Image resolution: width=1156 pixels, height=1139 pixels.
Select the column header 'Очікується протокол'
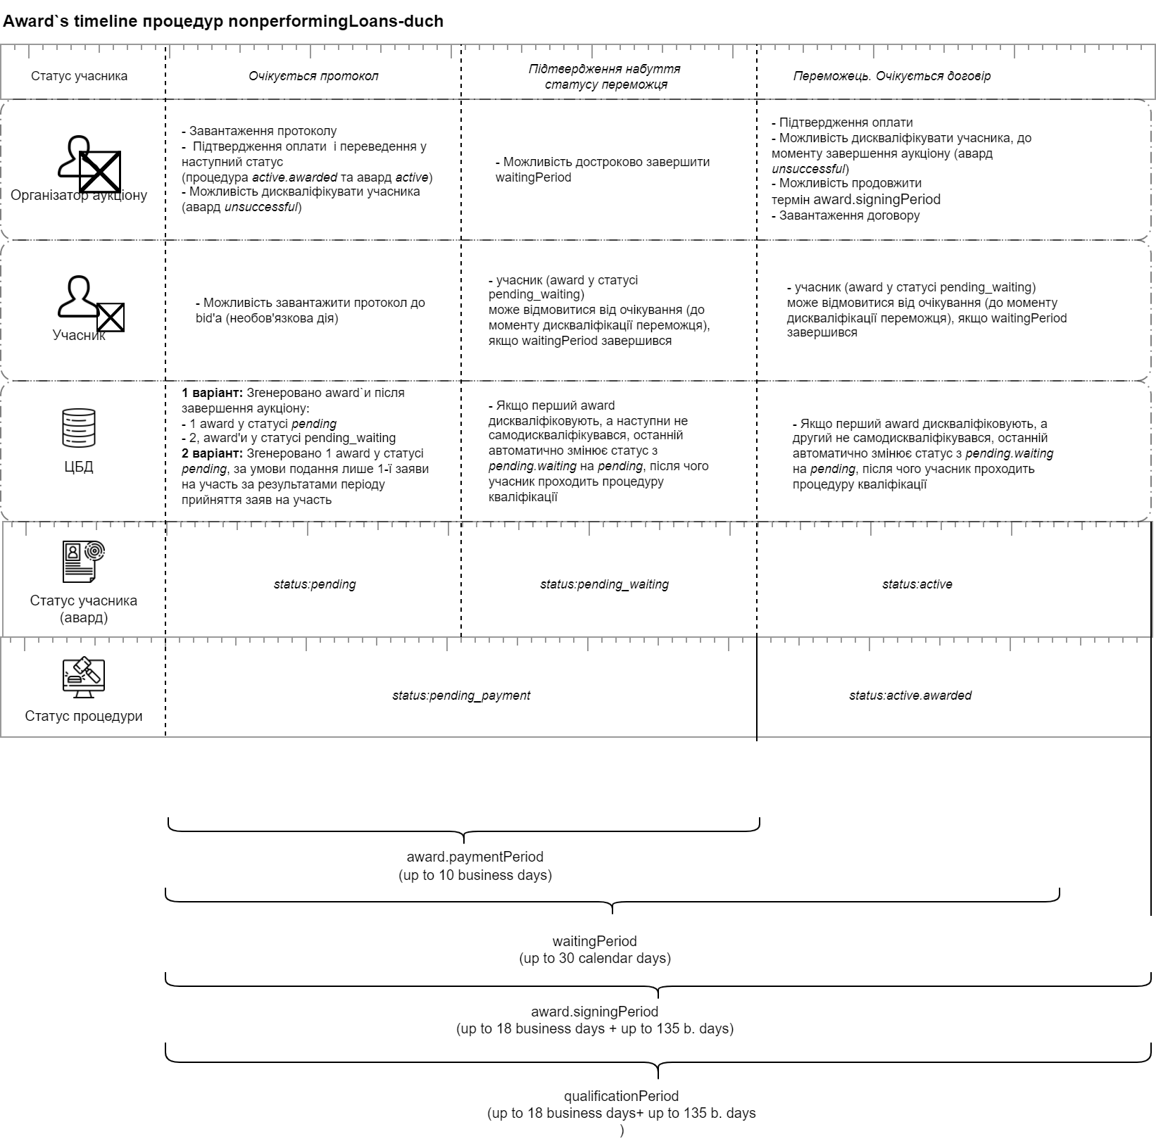pyautogui.click(x=313, y=76)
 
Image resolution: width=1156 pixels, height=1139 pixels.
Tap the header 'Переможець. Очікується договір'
pyautogui.click(x=891, y=76)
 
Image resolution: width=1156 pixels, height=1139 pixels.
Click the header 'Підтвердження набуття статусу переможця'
pyautogui.click(x=605, y=77)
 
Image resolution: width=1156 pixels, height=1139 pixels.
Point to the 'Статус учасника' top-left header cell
pyautogui.click(x=79, y=76)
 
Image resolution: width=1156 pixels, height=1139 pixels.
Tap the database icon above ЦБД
pyautogui.click(x=79, y=427)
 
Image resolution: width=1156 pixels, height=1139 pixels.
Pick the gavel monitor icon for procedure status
pyautogui.click(x=83, y=677)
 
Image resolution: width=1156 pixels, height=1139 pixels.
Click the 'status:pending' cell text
pyautogui.click(x=315, y=584)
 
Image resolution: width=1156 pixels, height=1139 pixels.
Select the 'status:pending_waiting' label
pyautogui.click(x=604, y=584)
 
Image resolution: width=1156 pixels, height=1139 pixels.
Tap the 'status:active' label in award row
pyautogui.click(x=917, y=584)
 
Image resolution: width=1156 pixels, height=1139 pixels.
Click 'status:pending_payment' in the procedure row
pyautogui.click(x=461, y=696)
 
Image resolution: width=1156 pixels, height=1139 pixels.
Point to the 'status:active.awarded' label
pyautogui.click(x=910, y=696)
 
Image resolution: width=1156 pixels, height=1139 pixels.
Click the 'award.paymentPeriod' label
pyautogui.click(x=475, y=857)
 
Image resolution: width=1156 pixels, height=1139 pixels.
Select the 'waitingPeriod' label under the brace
pyautogui.click(x=594, y=941)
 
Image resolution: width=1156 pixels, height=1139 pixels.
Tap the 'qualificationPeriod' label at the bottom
pyautogui.click(x=621, y=1096)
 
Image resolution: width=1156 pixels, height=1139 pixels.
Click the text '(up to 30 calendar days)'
pyautogui.click(x=594, y=958)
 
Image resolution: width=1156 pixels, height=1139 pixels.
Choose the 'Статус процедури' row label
pyautogui.click(x=84, y=716)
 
